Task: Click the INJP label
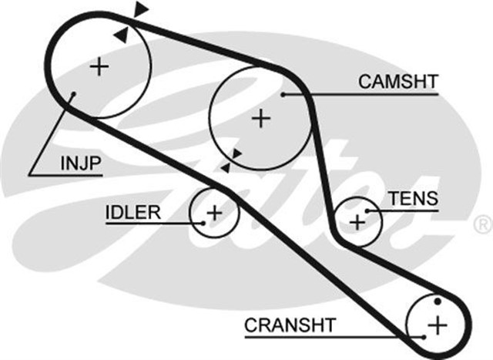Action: click(81, 163)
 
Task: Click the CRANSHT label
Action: click(290, 325)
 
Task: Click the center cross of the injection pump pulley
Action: click(99, 67)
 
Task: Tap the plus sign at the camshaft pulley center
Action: click(262, 118)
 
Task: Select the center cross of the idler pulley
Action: click(214, 211)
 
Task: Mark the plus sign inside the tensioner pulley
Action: click(357, 221)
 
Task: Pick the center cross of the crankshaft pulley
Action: click(437, 324)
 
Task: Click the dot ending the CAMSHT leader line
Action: click(283, 95)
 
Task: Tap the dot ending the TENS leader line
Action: click(368, 210)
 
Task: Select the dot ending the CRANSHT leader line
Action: click(423, 337)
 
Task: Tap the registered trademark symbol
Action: click(481, 225)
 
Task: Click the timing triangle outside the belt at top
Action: click(140, 9)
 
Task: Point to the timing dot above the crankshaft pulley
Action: click(437, 300)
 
